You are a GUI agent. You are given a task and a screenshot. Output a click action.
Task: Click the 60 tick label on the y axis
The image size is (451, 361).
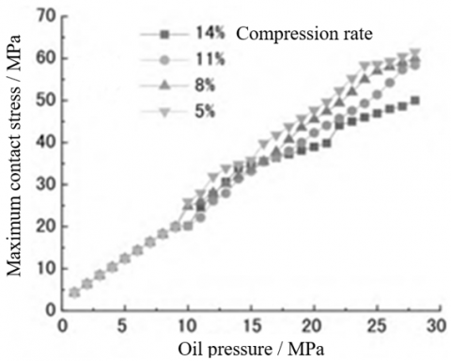42,58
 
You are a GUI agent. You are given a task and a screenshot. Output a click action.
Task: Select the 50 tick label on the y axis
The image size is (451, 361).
42,100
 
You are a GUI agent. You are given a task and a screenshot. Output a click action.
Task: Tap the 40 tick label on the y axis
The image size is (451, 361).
42,142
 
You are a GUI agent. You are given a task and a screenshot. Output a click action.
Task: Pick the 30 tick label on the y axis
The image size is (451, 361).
42,183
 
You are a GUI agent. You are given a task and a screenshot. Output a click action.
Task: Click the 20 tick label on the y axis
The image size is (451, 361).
42,226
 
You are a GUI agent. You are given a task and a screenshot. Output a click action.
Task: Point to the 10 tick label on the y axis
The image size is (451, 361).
42,267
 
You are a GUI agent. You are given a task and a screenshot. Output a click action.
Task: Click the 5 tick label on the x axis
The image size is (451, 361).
124,325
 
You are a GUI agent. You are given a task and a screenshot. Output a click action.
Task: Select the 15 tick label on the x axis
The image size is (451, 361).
250,325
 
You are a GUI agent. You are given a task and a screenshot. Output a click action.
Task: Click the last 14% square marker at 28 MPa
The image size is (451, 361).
414,101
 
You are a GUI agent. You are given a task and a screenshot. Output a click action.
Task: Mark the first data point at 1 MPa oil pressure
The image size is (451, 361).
74,291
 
